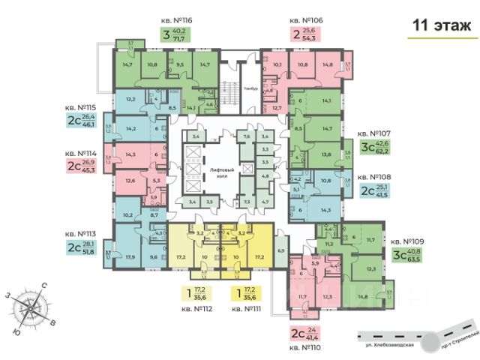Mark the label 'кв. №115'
tap(83, 106)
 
